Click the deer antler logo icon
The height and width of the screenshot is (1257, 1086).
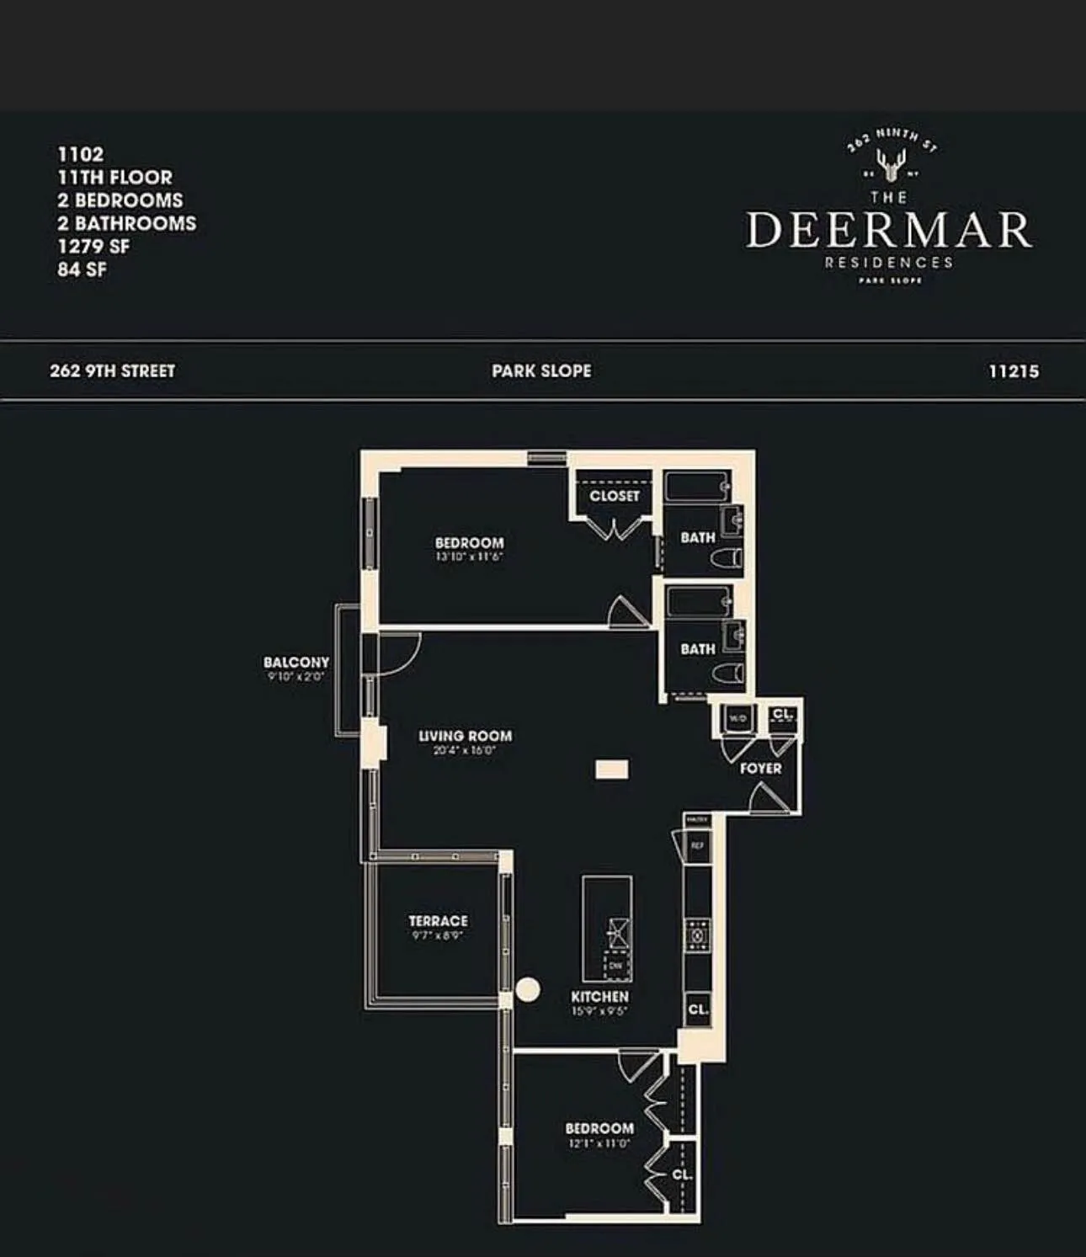(x=890, y=163)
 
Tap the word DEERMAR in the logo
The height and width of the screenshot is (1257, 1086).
(x=888, y=230)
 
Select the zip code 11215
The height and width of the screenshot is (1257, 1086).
(x=1014, y=371)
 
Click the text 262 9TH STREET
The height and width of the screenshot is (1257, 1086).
(x=112, y=371)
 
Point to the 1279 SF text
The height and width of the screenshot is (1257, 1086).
(x=93, y=247)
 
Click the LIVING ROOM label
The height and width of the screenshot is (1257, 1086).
(x=465, y=736)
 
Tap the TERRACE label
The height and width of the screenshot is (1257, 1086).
(x=438, y=921)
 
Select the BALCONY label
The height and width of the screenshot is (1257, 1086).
(x=295, y=663)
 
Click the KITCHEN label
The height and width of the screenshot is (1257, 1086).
(x=599, y=997)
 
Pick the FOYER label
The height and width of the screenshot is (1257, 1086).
(x=760, y=768)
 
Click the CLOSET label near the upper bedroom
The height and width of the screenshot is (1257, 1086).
(x=614, y=496)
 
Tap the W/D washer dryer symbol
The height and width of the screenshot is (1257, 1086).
(x=737, y=718)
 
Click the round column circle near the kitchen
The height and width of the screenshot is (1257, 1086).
(x=528, y=989)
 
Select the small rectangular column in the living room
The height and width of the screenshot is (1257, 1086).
(x=612, y=770)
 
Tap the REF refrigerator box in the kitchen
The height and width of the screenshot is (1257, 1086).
(x=697, y=845)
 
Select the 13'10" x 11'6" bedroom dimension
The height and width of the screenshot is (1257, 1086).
(x=469, y=557)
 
